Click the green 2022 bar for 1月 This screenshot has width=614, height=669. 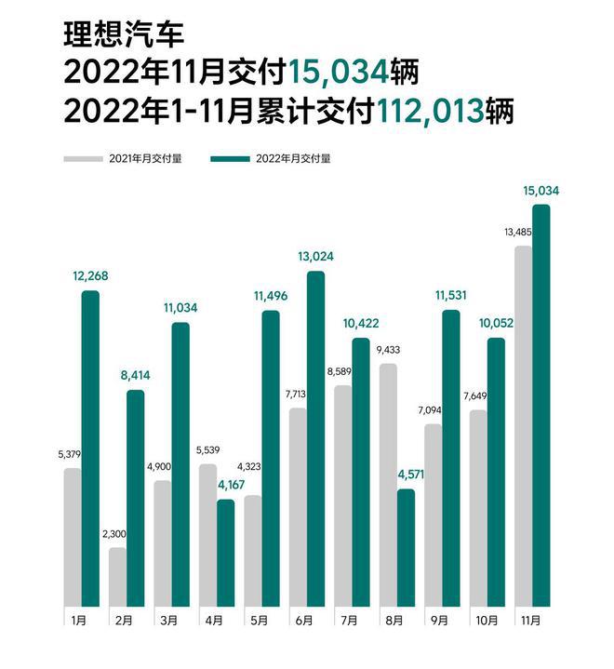coord(90,448)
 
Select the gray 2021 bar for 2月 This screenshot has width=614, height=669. coord(117,577)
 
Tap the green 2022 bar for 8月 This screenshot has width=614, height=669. coord(406,547)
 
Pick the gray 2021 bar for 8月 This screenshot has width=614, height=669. coord(388,485)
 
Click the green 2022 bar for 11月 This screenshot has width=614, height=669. coord(541,406)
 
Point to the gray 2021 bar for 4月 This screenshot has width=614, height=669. coord(207,535)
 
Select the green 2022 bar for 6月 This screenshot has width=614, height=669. coord(315,438)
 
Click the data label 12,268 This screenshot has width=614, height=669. coord(90,274)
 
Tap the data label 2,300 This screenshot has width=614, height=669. coord(117,535)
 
